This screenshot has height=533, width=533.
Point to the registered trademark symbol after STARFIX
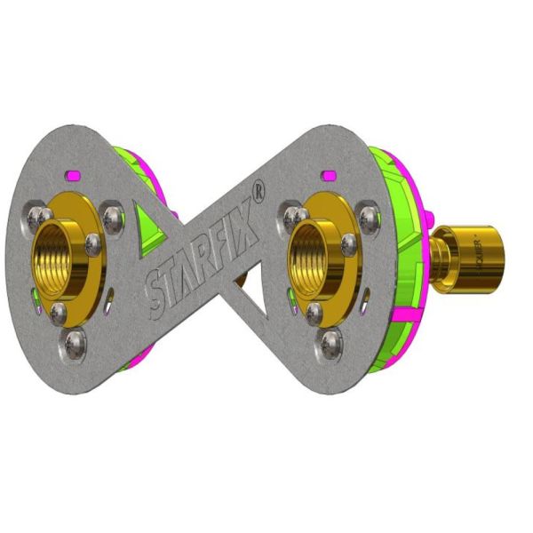coord(258,191)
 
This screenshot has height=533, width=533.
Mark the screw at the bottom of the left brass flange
coord(58,311)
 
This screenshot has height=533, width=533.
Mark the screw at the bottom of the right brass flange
coord(314,312)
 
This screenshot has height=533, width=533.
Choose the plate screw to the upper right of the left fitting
coord(112,216)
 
